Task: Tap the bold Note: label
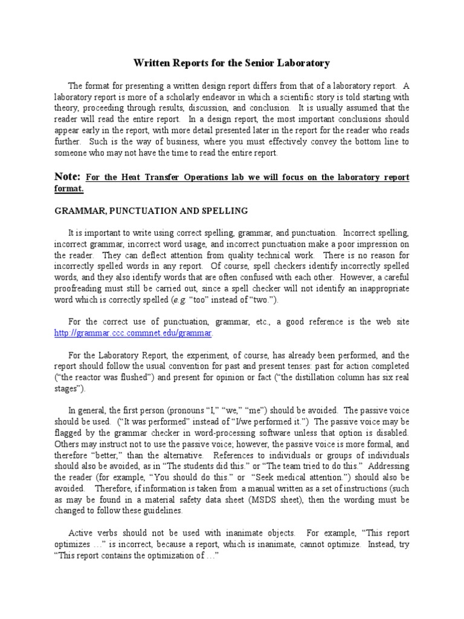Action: click(x=68, y=177)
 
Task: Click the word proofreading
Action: click(x=82, y=289)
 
